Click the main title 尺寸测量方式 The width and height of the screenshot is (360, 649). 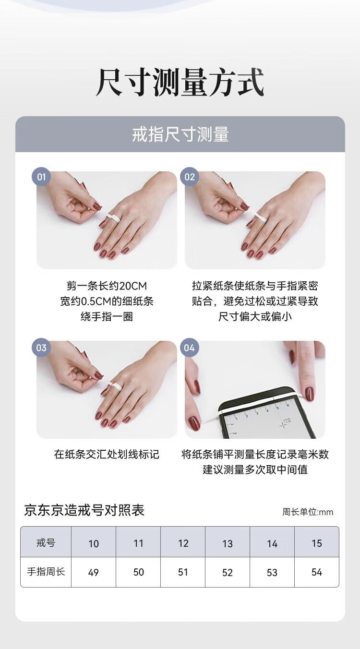180,82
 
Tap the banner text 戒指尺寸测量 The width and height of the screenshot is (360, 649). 180,134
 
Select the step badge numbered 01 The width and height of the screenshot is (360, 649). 41,177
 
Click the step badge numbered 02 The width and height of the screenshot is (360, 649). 190,177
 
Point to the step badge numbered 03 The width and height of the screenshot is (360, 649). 41,348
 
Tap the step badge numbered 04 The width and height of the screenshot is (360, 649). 190,348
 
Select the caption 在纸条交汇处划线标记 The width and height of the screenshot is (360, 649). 106,454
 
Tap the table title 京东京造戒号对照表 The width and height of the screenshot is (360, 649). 84,510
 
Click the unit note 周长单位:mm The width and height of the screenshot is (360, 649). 308,512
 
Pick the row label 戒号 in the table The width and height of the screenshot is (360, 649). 46,542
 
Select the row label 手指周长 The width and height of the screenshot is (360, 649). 46,572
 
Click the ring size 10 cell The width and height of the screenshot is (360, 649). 94,543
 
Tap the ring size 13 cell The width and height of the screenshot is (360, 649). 228,543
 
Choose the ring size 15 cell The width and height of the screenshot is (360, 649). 316,543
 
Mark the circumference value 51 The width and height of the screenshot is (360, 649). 183,572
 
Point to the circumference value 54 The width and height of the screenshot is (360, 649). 316,572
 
